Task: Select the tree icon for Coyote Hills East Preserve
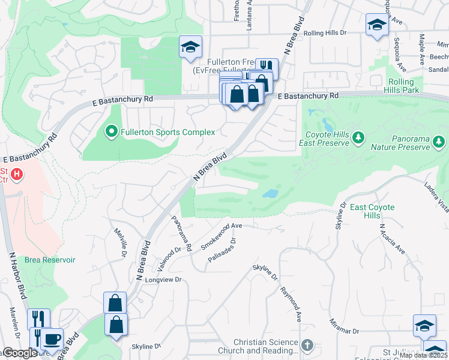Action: point(358,138)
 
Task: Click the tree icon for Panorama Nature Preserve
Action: point(439,141)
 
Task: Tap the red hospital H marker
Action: point(17,175)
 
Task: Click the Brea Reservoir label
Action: point(50,260)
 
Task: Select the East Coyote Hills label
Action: point(372,211)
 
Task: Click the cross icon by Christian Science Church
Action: point(307,345)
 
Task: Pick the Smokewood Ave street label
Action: point(221,235)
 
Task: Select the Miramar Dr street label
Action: point(343,331)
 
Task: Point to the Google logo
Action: point(20,353)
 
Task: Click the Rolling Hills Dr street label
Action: point(325,34)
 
